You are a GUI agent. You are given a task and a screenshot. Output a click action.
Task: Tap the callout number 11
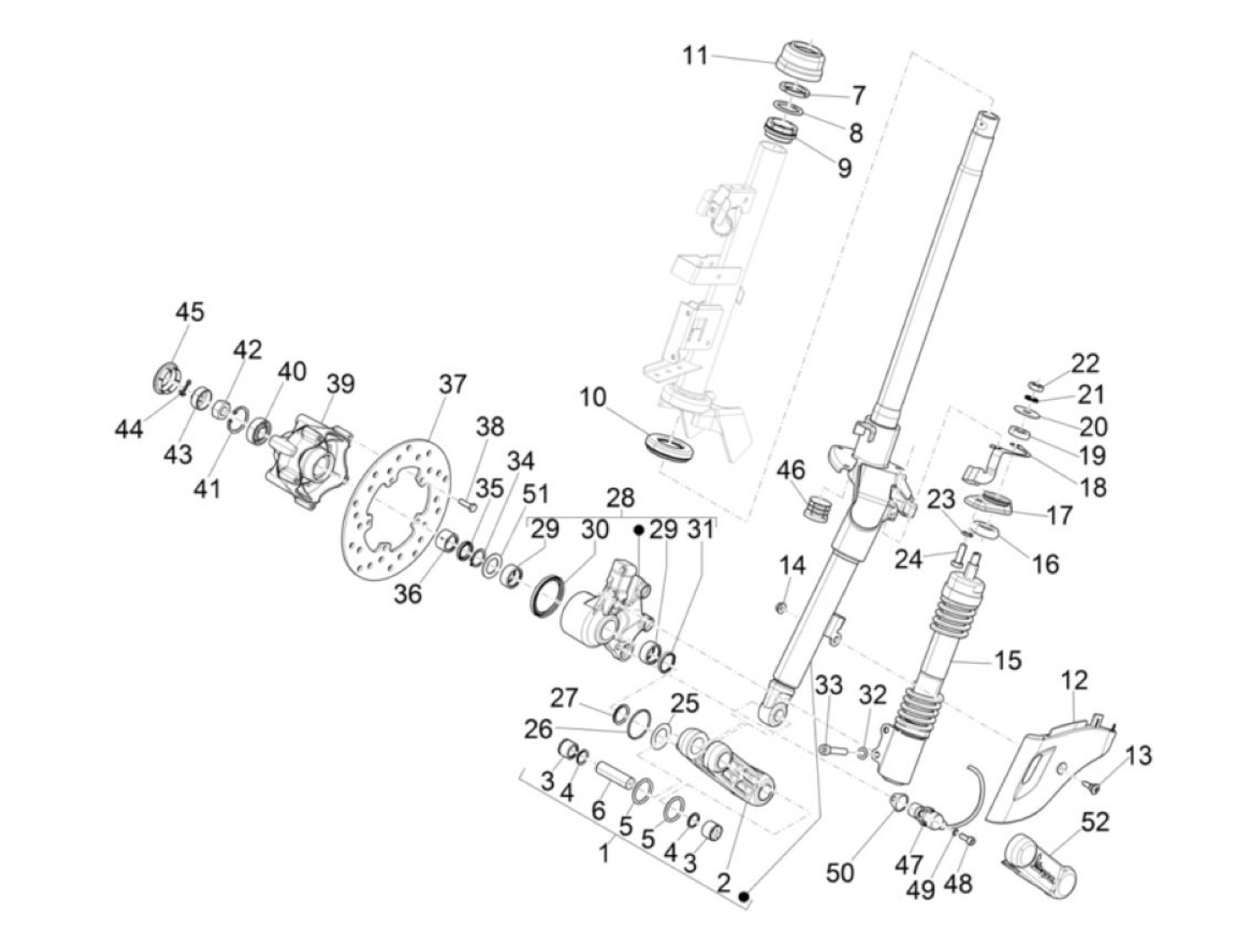695,57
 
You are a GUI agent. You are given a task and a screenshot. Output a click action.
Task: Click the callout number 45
189,312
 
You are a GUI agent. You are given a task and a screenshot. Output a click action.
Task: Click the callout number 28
620,498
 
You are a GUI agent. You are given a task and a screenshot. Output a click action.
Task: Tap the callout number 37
453,384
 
